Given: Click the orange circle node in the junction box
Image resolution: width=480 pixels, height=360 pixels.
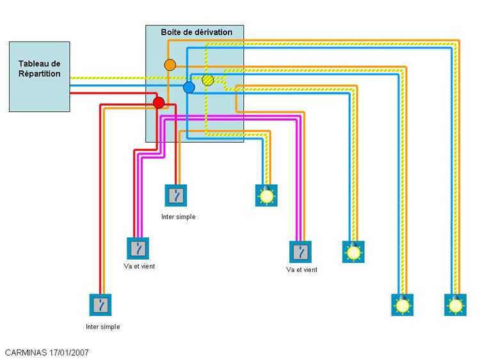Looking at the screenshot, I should coord(170,65).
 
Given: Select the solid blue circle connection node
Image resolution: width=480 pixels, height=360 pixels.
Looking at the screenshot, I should coord(189,87).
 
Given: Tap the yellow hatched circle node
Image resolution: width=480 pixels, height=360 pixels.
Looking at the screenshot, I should coord(207,80).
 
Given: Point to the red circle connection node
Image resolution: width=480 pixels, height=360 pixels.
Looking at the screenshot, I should coord(159,102).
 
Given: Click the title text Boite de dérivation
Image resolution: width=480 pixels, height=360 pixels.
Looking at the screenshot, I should coord(196,32).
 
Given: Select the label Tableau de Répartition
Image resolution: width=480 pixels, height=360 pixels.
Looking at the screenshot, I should coord(40,68).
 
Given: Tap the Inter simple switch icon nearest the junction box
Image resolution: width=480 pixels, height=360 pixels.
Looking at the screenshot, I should coord(176,196).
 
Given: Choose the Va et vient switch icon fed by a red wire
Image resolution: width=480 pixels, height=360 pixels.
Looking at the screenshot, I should coord(140,248).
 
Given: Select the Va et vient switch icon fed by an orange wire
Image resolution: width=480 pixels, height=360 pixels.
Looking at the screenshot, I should coord(300,251).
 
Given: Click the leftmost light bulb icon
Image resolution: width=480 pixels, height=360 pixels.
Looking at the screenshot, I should coord(266,195).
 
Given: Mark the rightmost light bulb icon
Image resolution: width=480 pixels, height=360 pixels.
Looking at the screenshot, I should coord(455,304).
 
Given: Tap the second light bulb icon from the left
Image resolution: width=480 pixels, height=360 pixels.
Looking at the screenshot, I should coord(353,251).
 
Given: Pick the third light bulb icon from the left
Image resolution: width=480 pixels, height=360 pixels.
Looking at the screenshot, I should coord(402,304).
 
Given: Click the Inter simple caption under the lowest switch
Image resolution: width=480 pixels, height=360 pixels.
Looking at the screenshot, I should coord(102,327).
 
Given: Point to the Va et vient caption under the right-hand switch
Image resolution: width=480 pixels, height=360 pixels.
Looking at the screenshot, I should coord(301,270).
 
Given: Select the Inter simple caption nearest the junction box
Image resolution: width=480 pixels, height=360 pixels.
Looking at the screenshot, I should coord(178,217).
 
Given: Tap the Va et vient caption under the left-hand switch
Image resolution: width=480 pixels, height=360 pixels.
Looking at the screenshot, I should coord(140,266).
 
